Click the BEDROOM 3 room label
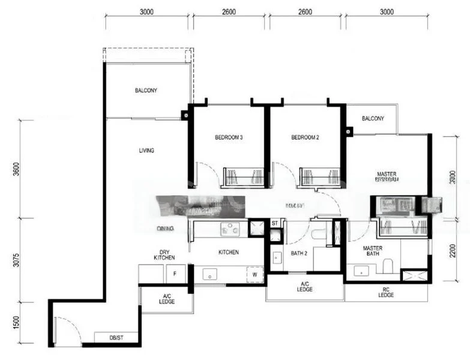tap(229, 137)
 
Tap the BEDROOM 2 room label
tap(305, 137)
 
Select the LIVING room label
tap(146, 150)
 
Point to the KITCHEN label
tap(229, 252)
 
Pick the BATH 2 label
tap(299, 253)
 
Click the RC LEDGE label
tap(387, 293)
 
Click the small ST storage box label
tap(274, 223)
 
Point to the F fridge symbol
tap(175, 273)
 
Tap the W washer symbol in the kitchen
tap(254, 275)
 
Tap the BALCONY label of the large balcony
tap(146, 91)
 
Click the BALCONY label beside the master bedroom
tap(373, 118)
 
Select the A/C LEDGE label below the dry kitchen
tap(167, 298)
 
